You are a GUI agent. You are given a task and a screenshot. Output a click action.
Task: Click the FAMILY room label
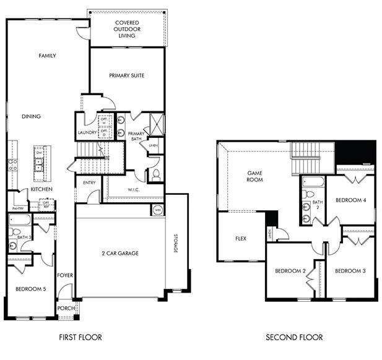pyautogui.click(x=48, y=56)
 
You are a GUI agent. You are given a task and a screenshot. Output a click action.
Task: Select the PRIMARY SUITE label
pyautogui.click(x=127, y=75)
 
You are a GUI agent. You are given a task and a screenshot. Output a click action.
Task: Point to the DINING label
pyautogui.click(x=31, y=116)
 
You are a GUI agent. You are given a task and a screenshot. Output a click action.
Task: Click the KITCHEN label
pyautogui.click(x=41, y=189)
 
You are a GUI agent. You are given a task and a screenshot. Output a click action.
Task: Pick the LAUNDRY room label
pyautogui.click(x=86, y=132)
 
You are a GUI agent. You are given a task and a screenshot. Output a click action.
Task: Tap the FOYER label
pyautogui.click(x=65, y=275)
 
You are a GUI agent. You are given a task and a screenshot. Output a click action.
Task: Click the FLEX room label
pyautogui.click(x=241, y=239)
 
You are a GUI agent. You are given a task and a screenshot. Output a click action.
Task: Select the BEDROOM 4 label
pyautogui.click(x=351, y=200)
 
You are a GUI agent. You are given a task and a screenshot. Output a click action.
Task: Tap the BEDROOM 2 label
pyautogui.click(x=291, y=271)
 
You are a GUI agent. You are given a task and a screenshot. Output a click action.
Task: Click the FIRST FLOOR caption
pyautogui.click(x=80, y=337)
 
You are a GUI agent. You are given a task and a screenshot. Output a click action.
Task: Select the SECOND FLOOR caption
pyautogui.click(x=294, y=337)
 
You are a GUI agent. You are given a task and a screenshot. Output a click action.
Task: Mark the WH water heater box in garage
pyautogui.click(x=157, y=210)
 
